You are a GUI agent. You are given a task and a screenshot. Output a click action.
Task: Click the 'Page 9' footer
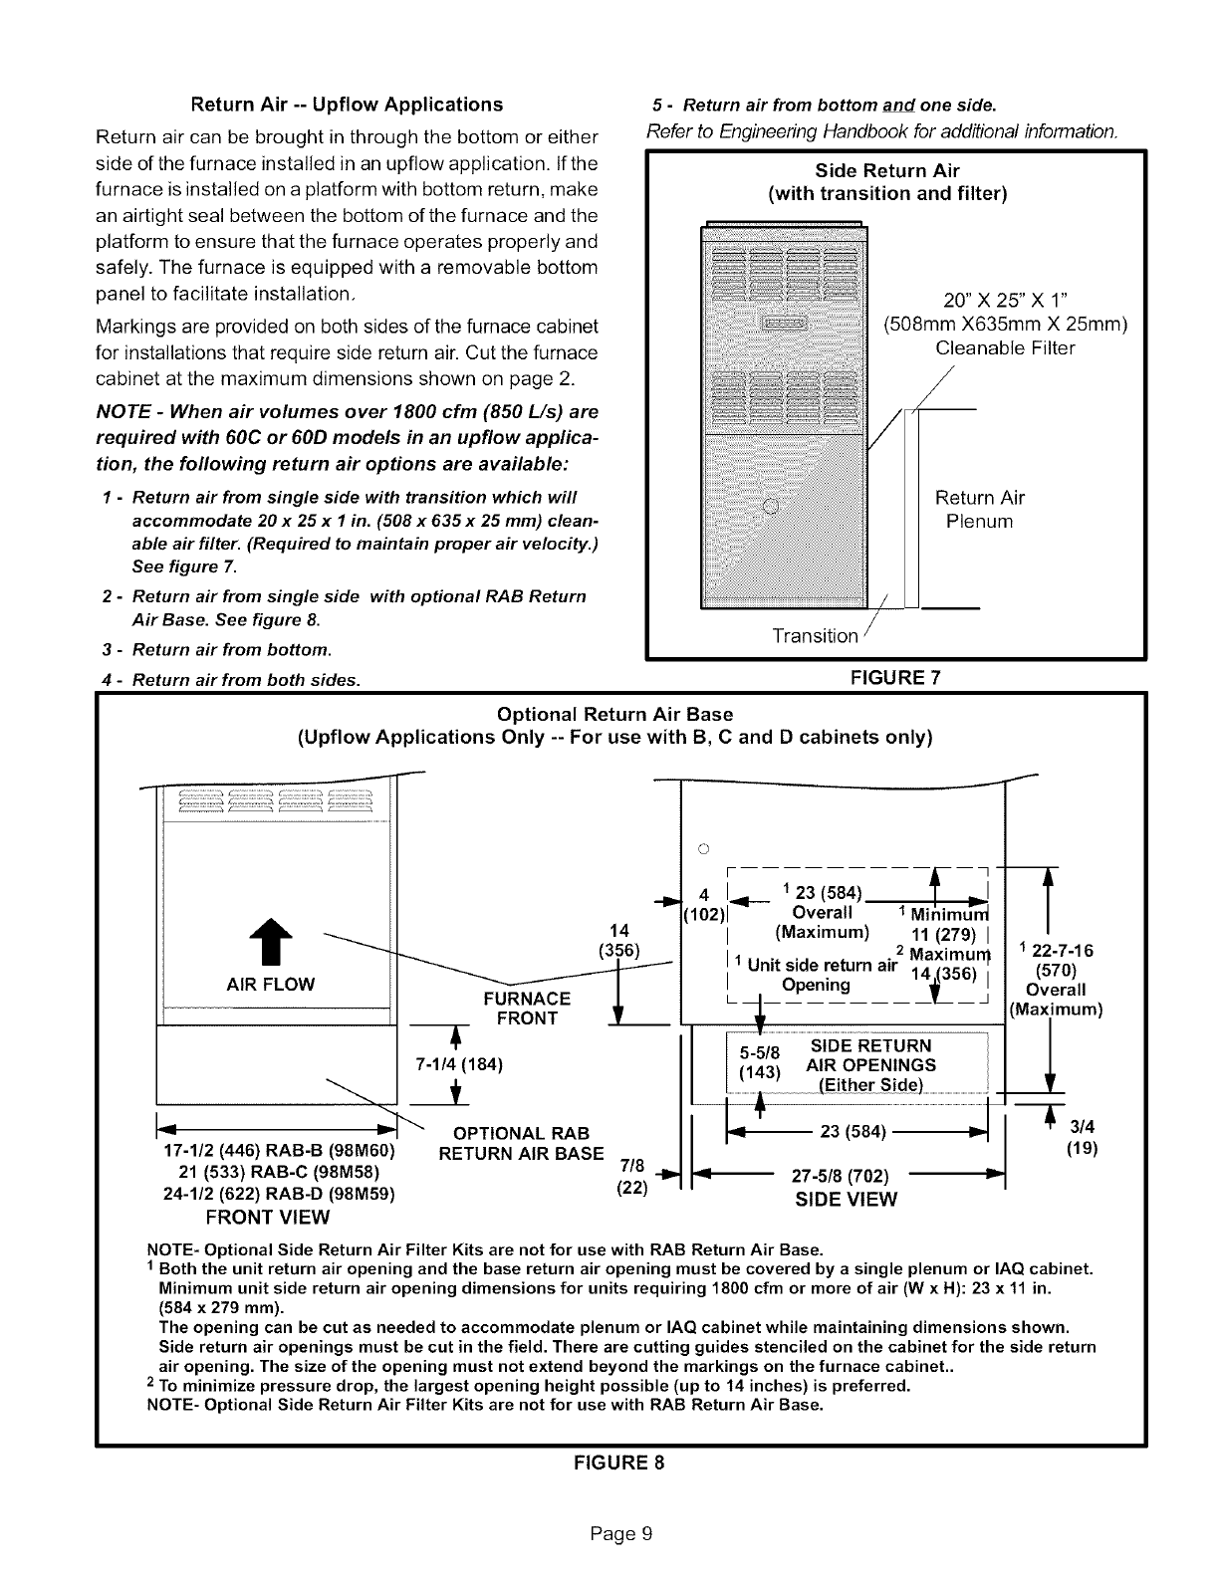click(618, 1533)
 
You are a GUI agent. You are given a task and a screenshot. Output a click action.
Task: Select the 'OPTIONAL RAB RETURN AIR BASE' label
click(521, 1144)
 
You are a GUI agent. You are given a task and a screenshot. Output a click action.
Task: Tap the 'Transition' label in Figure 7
click(815, 635)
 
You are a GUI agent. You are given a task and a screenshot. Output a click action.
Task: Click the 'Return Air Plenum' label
click(979, 510)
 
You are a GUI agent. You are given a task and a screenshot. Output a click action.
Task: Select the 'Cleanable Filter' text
click(1005, 348)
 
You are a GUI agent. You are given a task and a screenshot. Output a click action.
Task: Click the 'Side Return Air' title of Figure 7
click(886, 170)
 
